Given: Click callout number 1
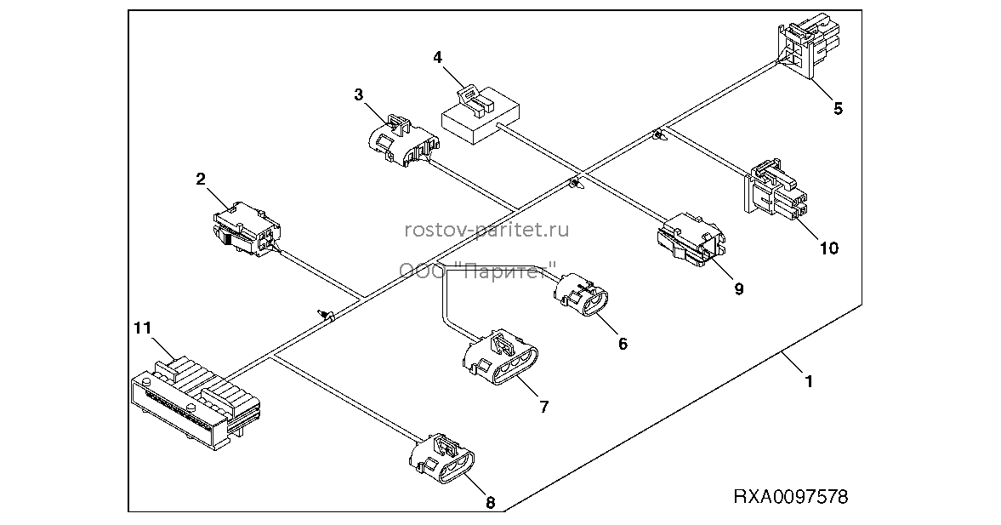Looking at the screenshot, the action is [x=808, y=382].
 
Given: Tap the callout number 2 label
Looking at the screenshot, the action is [x=201, y=179].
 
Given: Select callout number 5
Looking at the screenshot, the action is [x=838, y=109].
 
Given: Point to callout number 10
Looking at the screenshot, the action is [x=828, y=248].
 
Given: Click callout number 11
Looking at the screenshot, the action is [x=142, y=328].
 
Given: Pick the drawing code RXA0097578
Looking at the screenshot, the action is [x=790, y=496].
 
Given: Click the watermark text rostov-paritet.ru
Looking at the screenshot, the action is [x=486, y=229].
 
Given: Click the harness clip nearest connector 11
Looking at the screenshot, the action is [x=327, y=314].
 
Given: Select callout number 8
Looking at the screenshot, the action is [x=490, y=503].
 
